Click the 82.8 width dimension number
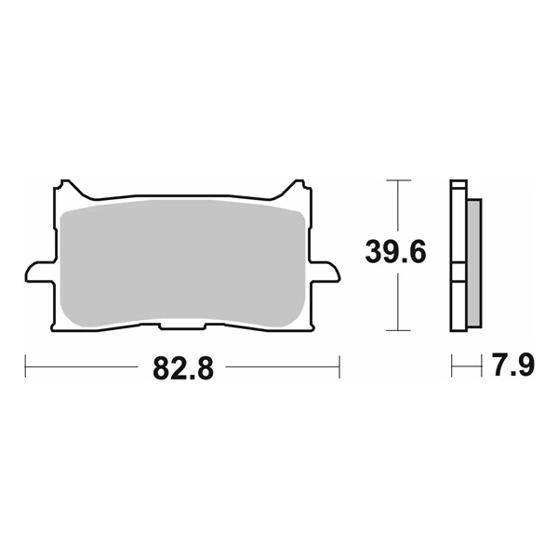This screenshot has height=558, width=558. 182,368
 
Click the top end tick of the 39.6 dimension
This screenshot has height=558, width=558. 398,179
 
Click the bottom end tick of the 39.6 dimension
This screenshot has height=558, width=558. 398,330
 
